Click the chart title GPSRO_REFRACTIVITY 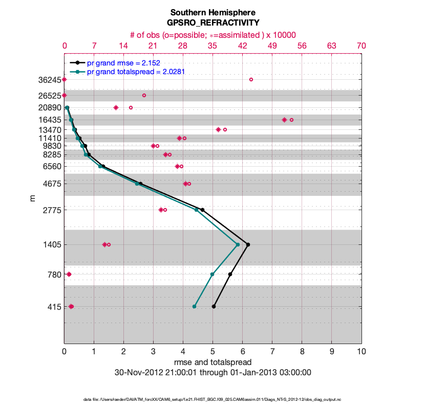[213, 23]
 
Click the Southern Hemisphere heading [213, 12]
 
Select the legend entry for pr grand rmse [123, 63]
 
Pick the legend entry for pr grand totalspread [136, 72]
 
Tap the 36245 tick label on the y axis [49, 80]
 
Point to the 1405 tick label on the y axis [52, 245]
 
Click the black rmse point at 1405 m [248, 245]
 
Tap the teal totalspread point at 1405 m [238, 245]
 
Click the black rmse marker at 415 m [214, 307]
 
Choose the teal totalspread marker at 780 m [212, 275]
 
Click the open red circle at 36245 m [251, 80]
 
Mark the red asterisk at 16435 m [284, 120]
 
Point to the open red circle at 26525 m [144, 96]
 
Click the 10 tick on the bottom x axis [361, 352]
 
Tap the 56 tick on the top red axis [302, 46]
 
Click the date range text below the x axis [213, 373]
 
